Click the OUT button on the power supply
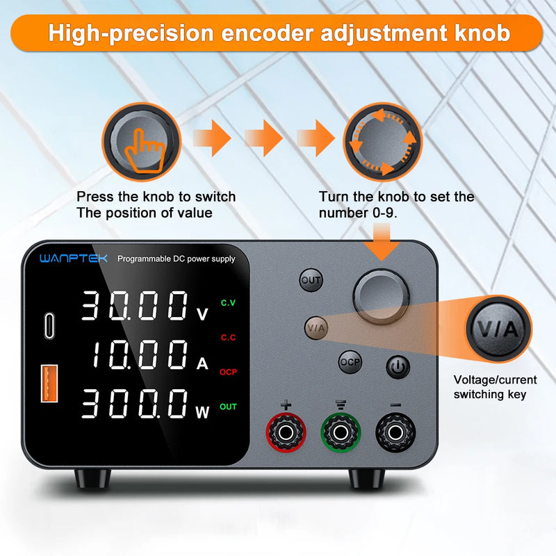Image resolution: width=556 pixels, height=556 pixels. tap(311, 280)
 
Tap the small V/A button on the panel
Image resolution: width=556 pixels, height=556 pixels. tap(316, 326)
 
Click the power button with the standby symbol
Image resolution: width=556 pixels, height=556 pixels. tap(398, 366)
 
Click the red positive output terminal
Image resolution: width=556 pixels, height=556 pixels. tap(285, 433)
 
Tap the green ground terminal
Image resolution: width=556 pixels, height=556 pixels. tap(340, 433)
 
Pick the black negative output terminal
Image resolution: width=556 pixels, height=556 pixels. tap(395, 433)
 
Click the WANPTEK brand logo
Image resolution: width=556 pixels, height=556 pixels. tap(74, 259)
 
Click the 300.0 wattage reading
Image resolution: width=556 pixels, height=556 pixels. tap(135, 404)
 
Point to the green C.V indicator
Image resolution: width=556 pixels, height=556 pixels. tap(228, 302)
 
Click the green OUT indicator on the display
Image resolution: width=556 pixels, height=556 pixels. tap(228, 407)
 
